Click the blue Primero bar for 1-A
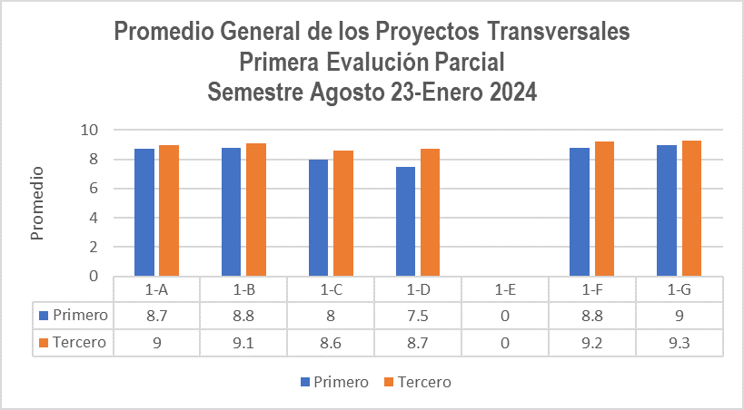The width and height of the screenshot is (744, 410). pyautogui.click(x=144, y=212)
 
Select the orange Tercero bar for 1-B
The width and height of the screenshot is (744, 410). pyautogui.click(x=255, y=210)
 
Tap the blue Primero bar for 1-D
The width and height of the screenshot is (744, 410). pyautogui.click(x=406, y=221)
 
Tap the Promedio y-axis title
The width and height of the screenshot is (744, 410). pyautogui.click(x=37, y=202)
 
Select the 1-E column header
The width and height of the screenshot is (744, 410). pyautogui.click(x=505, y=290)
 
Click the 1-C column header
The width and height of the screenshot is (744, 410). pyautogui.click(x=331, y=290)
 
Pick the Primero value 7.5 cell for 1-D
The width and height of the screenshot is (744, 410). pyautogui.click(x=418, y=316)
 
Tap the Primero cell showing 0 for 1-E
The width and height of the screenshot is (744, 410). pyautogui.click(x=505, y=316)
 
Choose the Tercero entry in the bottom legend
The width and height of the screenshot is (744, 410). pyautogui.click(x=423, y=382)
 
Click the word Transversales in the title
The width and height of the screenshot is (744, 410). pyautogui.click(x=558, y=33)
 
